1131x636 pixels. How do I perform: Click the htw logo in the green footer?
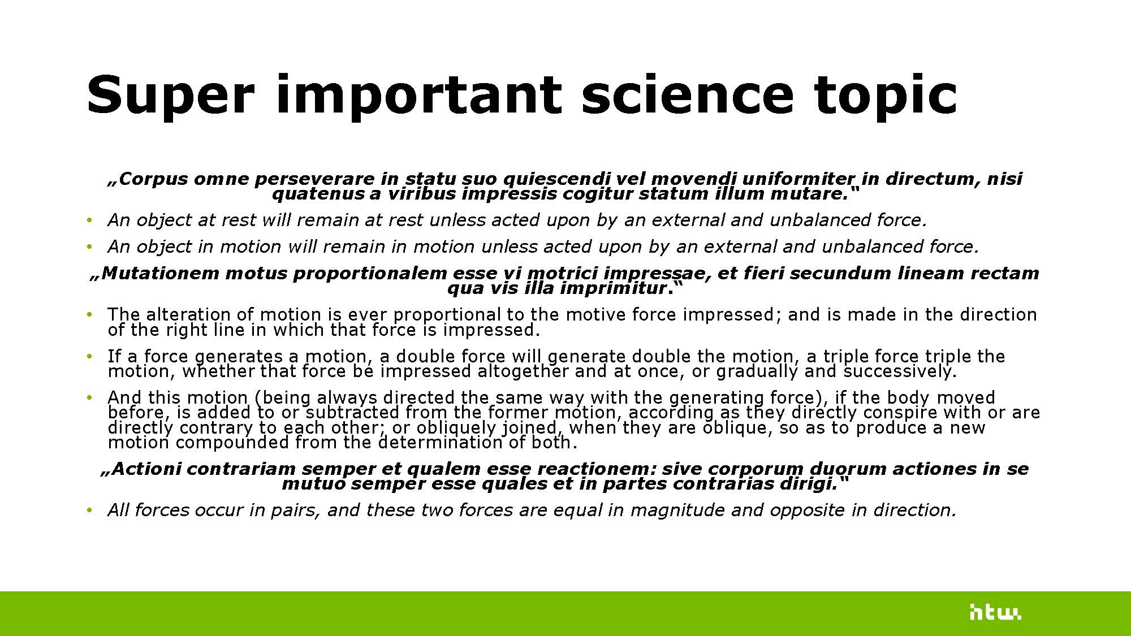pos(995,612)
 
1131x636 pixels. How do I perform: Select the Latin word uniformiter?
pos(798,179)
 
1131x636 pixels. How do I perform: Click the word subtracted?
pos(352,413)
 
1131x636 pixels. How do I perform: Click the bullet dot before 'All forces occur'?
pos(89,510)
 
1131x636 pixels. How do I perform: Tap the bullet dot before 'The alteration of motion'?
pos(89,315)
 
